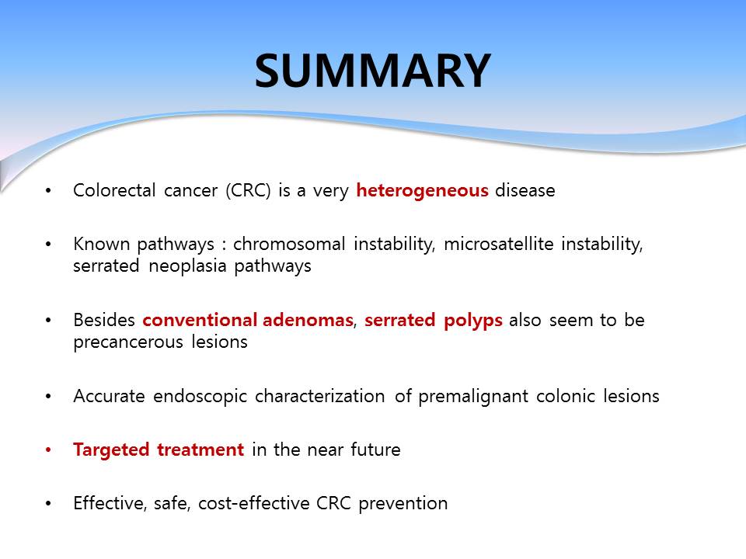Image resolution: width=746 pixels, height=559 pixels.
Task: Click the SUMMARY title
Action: coord(372,71)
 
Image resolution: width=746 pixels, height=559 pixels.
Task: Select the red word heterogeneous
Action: coord(423,190)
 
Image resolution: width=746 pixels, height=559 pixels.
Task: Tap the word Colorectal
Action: coord(114,190)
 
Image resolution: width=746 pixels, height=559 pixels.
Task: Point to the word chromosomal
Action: coord(289,244)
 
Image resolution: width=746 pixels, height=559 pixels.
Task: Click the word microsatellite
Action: coord(499,244)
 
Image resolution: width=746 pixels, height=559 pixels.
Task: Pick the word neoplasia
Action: coord(187,266)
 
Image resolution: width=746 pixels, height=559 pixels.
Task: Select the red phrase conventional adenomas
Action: coord(248,320)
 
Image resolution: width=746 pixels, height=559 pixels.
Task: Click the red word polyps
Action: coord(473,321)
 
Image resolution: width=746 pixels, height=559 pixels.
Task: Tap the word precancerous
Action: coord(128,342)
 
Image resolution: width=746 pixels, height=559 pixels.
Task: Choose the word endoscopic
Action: coord(200,397)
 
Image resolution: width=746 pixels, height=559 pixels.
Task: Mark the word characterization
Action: coord(319,396)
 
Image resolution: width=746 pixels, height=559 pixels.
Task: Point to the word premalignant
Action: coord(473,397)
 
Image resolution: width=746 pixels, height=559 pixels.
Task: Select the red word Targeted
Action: coord(111,450)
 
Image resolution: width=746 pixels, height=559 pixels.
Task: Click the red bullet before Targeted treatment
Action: coord(48,450)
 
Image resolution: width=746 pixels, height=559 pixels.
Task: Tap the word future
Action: coord(375,450)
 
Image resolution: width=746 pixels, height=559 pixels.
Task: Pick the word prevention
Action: coord(403,504)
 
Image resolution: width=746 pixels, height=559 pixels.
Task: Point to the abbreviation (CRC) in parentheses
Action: coord(248,191)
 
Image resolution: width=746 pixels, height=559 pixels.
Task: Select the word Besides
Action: coord(103,320)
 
